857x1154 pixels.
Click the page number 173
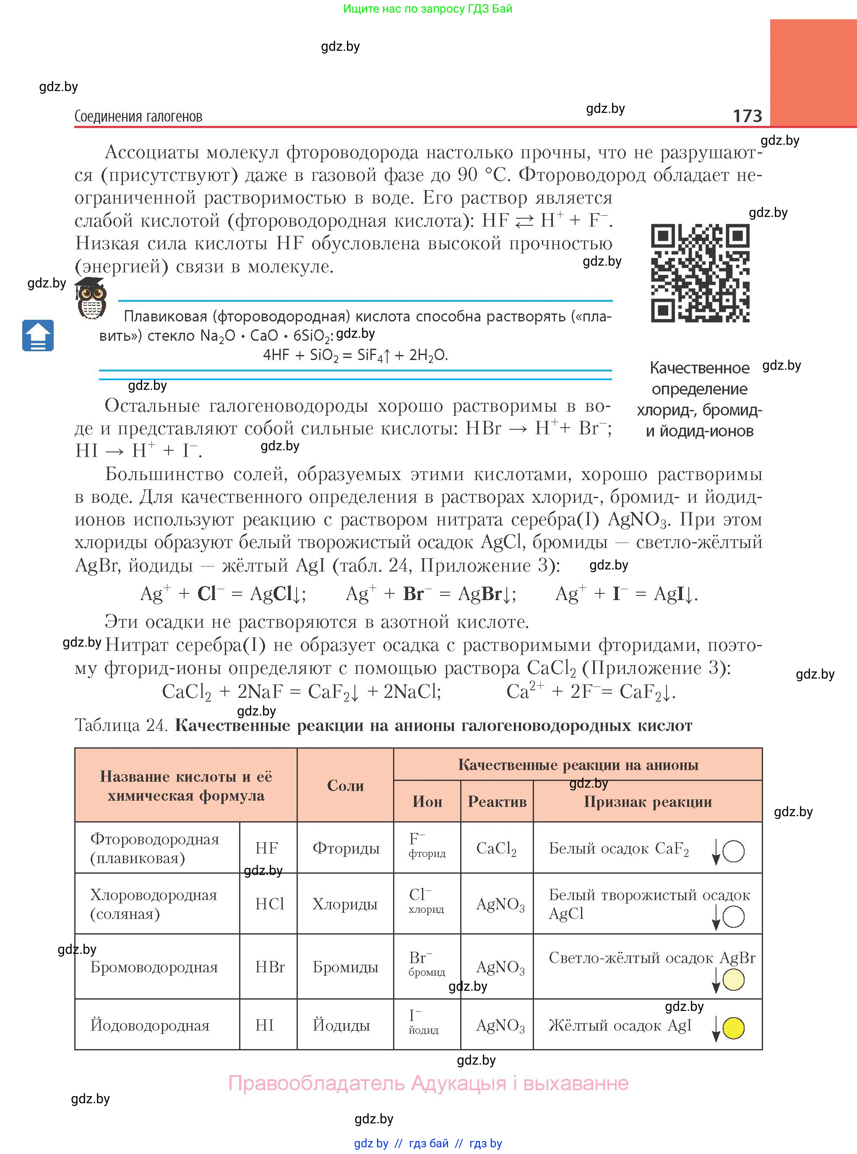pos(747,115)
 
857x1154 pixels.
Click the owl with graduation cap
pos(91,298)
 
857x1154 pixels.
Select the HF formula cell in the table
pos(267,848)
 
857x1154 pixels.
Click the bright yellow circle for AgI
pos(733,1028)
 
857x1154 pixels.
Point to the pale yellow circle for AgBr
pos(733,980)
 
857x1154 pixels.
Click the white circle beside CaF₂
pos(733,851)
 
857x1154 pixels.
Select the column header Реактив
pos(497,802)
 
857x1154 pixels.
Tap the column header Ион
pos(427,802)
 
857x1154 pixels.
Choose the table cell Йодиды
pos(341,1025)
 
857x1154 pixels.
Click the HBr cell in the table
pos(270,967)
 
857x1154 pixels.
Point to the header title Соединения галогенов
pos(138,116)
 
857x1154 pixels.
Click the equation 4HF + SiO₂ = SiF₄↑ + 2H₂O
pos(355,355)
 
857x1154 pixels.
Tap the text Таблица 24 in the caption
pos(120,725)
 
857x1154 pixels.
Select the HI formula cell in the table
pos(265,1025)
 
